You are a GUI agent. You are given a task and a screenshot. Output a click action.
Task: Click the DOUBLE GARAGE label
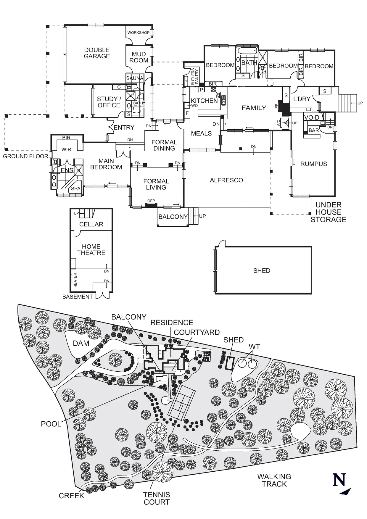coord(97,53)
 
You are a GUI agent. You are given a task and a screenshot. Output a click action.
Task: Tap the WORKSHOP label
coord(139,33)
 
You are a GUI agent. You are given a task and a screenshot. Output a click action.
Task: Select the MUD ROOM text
coord(139,57)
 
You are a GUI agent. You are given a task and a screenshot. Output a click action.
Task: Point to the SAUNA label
coord(135,78)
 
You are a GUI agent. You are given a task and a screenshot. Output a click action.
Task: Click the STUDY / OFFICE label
coord(109,102)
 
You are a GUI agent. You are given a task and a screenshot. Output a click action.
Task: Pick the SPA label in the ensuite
coord(76,188)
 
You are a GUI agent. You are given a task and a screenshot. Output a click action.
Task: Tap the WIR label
coord(66,149)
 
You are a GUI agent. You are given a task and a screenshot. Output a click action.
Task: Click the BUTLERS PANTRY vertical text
coord(195,77)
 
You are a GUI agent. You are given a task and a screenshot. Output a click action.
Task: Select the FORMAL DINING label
coord(164,145)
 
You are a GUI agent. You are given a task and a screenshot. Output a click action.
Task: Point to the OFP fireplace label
coord(151,201)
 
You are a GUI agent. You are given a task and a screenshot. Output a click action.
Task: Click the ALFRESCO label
coord(226,180)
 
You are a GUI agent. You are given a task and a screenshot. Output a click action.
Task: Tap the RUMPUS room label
coord(314,164)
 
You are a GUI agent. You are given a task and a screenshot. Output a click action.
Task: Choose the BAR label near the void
coord(314,130)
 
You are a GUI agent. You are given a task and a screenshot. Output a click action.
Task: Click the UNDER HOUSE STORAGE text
coord(329,212)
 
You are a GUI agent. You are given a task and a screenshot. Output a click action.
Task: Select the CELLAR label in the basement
coord(91,224)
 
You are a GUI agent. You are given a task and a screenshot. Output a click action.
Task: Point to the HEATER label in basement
coord(75,280)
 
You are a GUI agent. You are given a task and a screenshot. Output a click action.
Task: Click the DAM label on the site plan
coord(81,343)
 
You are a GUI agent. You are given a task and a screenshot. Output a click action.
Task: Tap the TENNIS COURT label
coord(157,498)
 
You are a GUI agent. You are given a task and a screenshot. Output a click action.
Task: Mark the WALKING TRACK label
coord(274,480)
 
